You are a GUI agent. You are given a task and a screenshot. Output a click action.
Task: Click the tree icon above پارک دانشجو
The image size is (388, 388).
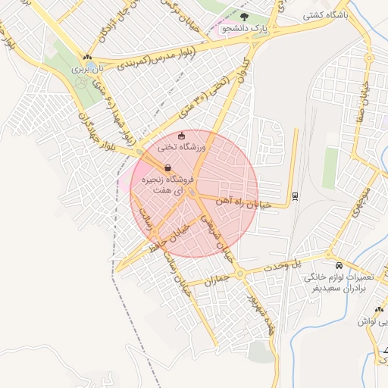[x=244, y=15]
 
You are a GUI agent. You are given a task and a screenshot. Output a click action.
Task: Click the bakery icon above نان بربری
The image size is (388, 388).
[x=89, y=57]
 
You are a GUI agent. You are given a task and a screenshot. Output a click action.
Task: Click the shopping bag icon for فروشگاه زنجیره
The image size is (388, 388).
[x=167, y=168]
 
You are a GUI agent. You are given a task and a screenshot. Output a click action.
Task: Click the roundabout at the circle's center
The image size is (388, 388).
[x=194, y=194]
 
